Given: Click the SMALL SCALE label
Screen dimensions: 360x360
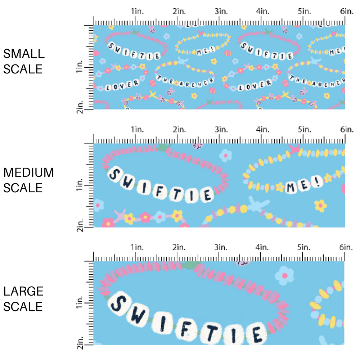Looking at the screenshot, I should point(24,61).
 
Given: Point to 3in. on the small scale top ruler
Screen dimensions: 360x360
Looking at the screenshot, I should point(219,12).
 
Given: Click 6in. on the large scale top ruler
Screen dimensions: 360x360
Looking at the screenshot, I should point(346,247).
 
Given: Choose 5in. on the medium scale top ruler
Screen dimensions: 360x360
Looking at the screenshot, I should point(303,129).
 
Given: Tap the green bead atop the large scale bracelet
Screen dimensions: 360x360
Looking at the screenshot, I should point(190,266).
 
